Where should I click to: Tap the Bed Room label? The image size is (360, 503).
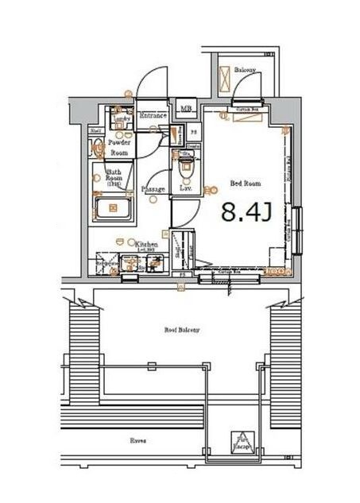click(245, 184)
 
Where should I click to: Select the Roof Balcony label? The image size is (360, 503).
click(182, 329)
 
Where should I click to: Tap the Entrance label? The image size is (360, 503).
click(153, 116)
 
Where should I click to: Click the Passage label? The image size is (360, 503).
click(153, 189)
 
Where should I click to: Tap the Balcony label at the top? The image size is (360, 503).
click(245, 71)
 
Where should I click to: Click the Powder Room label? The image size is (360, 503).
click(119, 146)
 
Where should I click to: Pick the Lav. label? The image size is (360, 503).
click(186, 188)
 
